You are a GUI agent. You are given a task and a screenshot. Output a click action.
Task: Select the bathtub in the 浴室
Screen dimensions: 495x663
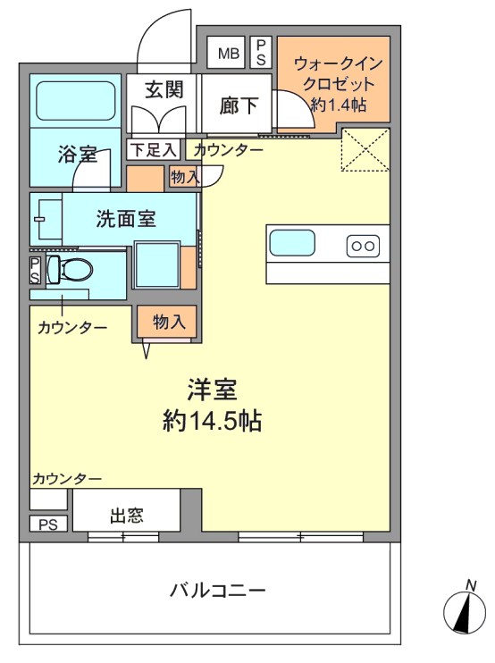tap(76, 101)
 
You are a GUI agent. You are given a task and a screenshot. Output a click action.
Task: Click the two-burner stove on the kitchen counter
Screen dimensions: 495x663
tap(363, 246)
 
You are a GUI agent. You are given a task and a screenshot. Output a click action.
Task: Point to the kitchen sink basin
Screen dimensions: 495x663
tap(292, 243)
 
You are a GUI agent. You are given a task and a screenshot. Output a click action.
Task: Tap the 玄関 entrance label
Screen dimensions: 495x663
tap(164, 89)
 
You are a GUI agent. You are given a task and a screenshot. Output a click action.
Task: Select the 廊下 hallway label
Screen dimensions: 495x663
tap(239, 105)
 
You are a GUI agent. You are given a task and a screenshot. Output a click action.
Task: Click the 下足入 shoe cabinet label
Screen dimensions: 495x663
tap(153, 150)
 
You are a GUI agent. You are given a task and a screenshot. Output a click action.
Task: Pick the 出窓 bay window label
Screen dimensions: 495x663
tap(126, 516)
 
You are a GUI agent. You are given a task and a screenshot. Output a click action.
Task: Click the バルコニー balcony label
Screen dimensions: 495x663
tap(218, 590)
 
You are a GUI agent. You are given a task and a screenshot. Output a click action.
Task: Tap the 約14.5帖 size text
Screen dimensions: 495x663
tap(212, 421)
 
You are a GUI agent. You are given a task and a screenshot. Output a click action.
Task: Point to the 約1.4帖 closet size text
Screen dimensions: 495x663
tap(338, 105)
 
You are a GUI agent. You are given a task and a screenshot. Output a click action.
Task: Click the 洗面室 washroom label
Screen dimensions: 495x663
tap(126, 219)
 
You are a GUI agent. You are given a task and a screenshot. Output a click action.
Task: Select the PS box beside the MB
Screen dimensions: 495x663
tap(261, 53)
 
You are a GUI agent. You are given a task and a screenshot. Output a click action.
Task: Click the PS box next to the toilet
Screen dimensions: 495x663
tap(35, 271)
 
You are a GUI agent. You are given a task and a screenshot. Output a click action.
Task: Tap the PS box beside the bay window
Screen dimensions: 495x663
tap(48, 525)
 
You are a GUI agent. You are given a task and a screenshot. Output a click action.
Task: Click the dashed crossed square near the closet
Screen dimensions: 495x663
tap(365, 149)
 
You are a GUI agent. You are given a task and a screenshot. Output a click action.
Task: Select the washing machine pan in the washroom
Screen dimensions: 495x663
tap(156, 264)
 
